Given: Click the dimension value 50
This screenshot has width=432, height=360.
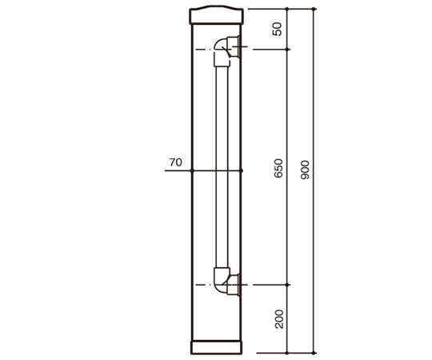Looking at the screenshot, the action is point(278,29).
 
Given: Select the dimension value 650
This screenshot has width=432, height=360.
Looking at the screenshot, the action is point(278,168).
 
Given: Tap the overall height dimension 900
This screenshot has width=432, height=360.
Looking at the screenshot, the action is point(306,170).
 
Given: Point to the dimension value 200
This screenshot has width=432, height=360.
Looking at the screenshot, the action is point(279,319).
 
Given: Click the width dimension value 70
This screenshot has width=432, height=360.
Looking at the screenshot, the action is point(176,162).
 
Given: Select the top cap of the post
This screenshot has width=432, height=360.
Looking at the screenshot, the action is point(216,15).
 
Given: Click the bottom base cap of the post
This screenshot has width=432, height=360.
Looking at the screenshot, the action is point(216,348).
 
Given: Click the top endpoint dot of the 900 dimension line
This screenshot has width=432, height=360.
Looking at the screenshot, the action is point(314,9).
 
